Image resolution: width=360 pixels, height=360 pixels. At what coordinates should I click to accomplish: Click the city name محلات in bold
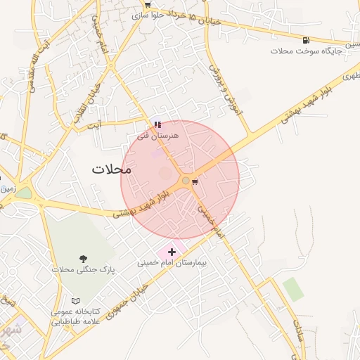pos(112,169)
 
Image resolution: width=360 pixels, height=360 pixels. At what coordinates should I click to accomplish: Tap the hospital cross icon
pos(172,252)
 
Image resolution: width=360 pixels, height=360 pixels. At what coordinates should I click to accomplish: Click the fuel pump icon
pos(305,40)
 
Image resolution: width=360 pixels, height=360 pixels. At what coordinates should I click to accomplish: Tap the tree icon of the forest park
pos(84,259)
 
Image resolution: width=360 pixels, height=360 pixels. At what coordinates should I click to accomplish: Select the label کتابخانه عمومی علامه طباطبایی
pos(77,317)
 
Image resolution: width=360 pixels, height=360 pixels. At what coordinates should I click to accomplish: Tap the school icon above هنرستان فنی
pos(157,124)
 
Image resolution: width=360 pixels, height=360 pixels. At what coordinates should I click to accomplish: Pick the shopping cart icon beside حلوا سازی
pos(147,4)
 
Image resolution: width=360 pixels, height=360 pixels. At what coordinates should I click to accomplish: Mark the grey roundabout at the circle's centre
pos(186,181)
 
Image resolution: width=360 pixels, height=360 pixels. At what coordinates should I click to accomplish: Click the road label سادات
pos(298,328)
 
